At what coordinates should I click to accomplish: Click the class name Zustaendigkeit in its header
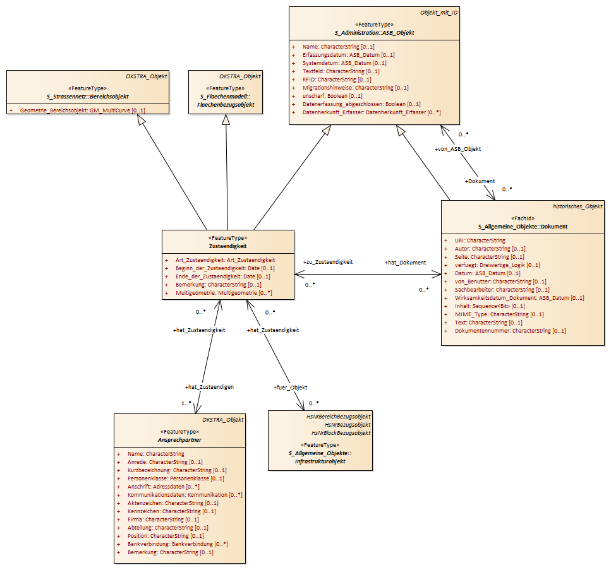228,246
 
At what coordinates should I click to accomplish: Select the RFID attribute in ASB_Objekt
337,80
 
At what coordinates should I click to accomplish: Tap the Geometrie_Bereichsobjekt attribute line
82,110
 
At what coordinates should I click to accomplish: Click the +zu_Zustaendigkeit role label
328,262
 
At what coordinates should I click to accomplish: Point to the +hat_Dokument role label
405,263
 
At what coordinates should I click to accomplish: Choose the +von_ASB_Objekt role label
458,149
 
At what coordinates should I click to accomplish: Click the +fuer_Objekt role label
290,388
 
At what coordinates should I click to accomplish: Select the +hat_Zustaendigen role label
209,387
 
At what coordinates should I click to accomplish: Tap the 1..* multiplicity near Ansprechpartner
186,403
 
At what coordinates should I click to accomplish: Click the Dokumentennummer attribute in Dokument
510,331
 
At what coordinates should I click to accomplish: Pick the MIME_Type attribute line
499,314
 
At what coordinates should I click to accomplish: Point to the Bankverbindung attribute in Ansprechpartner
178,544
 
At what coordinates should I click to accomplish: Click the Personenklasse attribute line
176,478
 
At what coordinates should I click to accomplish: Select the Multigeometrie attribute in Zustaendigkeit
224,293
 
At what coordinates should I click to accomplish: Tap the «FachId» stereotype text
523,218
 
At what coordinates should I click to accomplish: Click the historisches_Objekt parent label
578,206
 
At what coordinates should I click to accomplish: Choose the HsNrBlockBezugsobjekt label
341,433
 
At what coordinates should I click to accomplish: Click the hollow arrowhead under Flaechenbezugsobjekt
226,119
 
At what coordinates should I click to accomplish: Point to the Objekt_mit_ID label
439,13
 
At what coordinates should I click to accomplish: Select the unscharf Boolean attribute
332,96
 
